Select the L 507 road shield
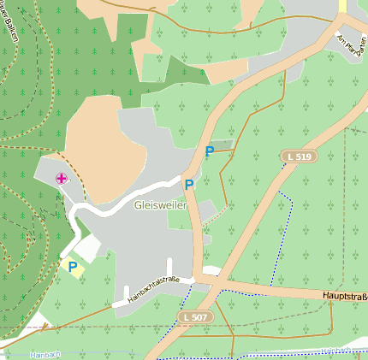[x=193, y=317]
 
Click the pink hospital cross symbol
[x=62, y=178]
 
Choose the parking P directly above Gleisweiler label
[x=189, y=184]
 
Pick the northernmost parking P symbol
[x=210, y=151]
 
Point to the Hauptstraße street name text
[x=345, y=296]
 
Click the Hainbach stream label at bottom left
[x=45, y=354]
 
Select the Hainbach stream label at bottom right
[x=338, y=351]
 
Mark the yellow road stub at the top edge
[x=343, y=6]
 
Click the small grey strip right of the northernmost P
[x=222, y=146]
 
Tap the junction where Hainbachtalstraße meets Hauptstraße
[x=198, y=279]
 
